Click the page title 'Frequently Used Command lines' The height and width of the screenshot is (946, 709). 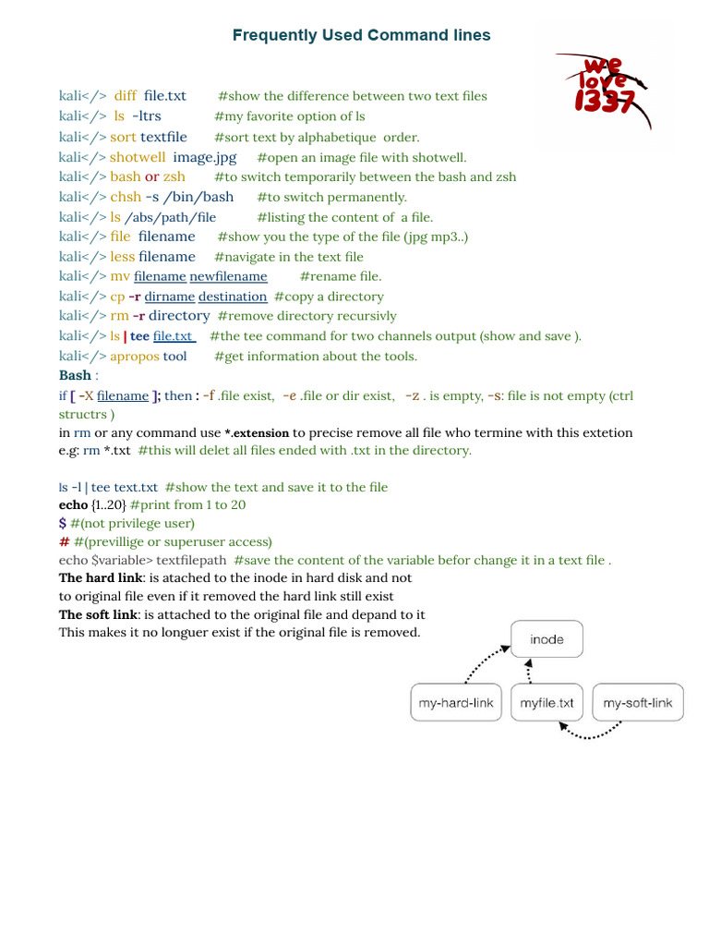[361, 35]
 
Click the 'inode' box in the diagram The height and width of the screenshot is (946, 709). [547, 639]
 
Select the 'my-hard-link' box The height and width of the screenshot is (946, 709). [456, 703]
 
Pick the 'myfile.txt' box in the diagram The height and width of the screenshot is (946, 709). [547, 703]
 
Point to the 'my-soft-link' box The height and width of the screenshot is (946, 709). [638, 703]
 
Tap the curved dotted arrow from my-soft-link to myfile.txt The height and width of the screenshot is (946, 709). [593, 733]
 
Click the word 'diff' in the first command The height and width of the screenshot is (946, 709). [126, 96]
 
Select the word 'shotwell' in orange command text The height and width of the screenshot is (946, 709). [138, 157]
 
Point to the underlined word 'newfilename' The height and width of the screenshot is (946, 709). [228, 276]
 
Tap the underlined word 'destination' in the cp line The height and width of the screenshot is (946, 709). [233, 297]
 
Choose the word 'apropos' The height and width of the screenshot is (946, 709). [135, 357]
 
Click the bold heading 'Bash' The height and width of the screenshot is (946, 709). [75, 375]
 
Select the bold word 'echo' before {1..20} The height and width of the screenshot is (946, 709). [74, 505]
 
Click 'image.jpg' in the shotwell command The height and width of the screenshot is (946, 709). [205, 157]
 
